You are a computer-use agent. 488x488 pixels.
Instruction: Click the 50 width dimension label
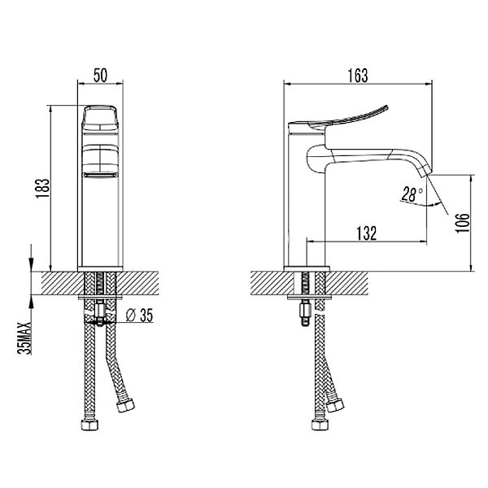pyautogui.click(x=100, y=76)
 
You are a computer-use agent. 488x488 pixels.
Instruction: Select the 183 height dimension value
pyautogui.click(x=42, y=189)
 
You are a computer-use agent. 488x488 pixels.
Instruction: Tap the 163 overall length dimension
pyautogui.click(x=358, y=76)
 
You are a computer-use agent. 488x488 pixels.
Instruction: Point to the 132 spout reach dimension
pyautogui.click(x=366, y=233)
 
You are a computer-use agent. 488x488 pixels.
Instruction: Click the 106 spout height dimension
pyautogui.click(x=462, y=223)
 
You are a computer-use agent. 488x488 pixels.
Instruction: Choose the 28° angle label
pyautogui.click(x=412, y=194)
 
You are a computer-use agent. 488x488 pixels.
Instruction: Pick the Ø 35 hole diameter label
pyautogui.click(x=139, y=316)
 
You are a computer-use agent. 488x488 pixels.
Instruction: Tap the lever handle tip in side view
pyautogui.click(x=387, y=107)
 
